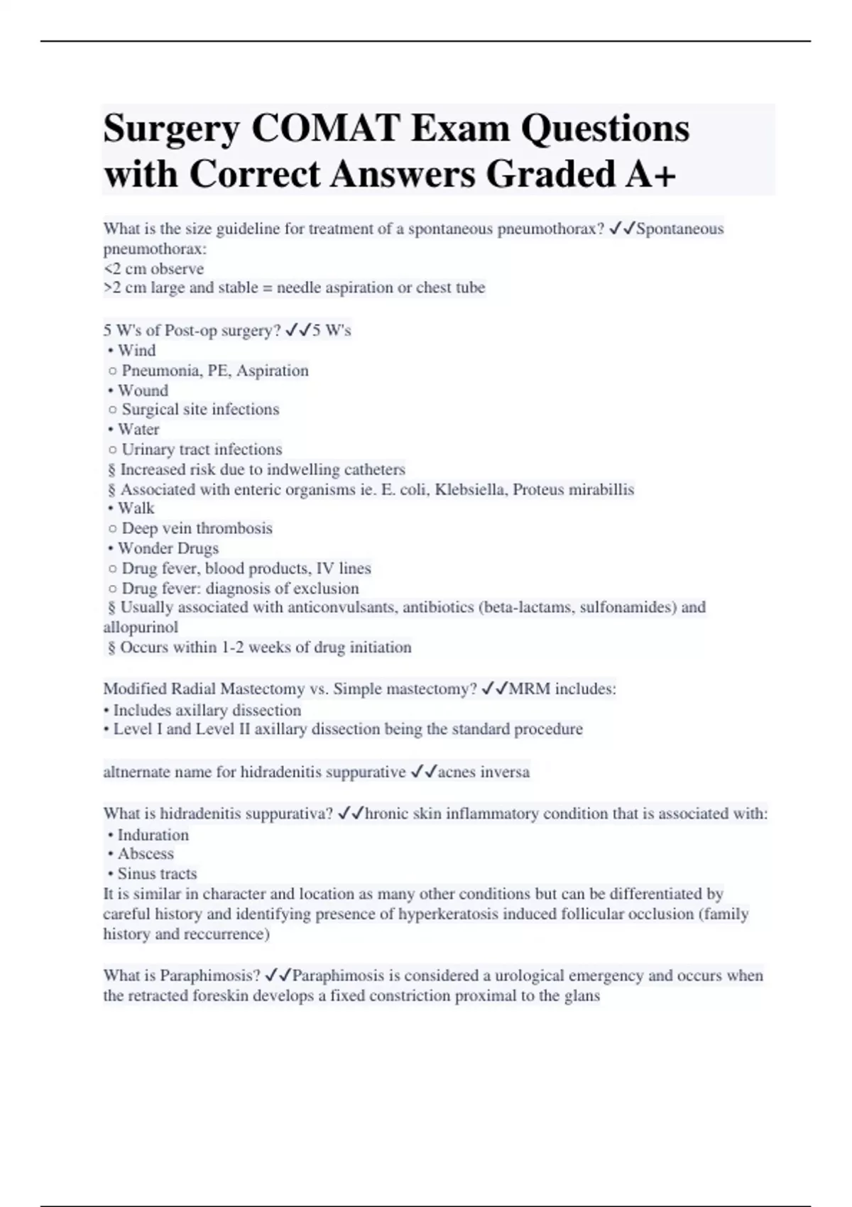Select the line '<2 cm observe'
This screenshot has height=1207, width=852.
click(x=153, y=269)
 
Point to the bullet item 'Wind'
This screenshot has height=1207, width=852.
click(x=136, y=351)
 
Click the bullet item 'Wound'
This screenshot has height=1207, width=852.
click(x=143, y=390)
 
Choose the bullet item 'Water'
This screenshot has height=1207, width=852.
click(x=138, y=430)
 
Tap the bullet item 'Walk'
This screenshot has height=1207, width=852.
click(x=136, y=508)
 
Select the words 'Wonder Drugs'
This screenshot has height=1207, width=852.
click(x=168, y=548)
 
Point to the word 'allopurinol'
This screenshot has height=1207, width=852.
click(x=141, y=627)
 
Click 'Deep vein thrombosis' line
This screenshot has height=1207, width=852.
click(x=197, y=528)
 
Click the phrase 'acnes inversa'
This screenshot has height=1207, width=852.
click(x=484, y=772)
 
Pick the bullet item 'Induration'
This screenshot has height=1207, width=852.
click(x=153, y=835)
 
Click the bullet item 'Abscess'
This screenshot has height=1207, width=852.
click(x=146, y=854)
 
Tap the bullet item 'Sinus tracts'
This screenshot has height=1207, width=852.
click(x=157, y=874)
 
